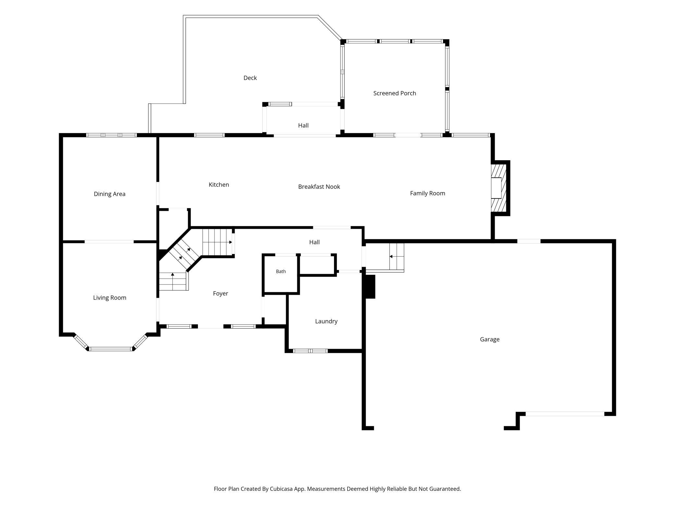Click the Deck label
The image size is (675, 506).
pyautogui.click(x=250, y=78)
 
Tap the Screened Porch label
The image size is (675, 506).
pyautogui.click(x=395, y=93)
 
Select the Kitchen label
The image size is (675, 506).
pyautogui.click(x=219, y=185)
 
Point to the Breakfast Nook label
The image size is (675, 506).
pyautogui.click(x=319, y=187)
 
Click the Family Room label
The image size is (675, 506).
pyautogui.click(x=427, y=193)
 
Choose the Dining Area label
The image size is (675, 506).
pyautogui.click(x=109, y=194)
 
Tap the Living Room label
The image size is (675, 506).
pyautogui.click(x=110, y=298)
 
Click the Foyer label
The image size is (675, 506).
pyautogui.click(x=220, y=294)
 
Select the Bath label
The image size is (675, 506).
pyautogui.click(x=281, y=271)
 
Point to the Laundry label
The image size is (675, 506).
pyautogui.click(x=326, y=321)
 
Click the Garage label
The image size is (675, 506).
pyautogui.click(x=490, y=339)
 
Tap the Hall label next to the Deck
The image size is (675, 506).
pyautogui.click(x=303, y=126)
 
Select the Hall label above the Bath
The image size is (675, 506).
pyautogui.click(x=314, y=242)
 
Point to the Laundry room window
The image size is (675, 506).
pyautogui.click(x=310, y=351)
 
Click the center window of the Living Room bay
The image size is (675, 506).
pyautogui.click(x=111, y=349)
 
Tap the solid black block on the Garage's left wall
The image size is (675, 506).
pyautogui.click(x=370, y=287)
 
